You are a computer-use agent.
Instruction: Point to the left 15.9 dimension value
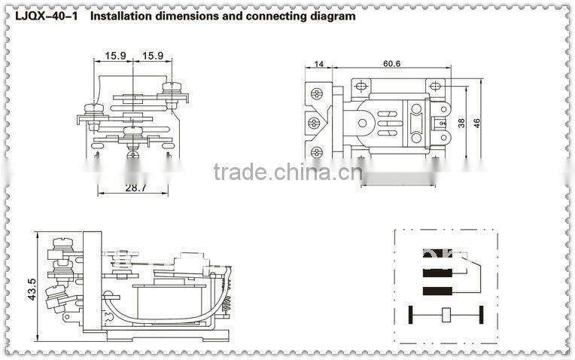click(x=116, y=56)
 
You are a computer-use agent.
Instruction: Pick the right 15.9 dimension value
click(x=153, y=56)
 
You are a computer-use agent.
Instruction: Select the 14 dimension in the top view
click(x=319, y=66)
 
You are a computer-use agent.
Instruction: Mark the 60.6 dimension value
click(x=391, y=66)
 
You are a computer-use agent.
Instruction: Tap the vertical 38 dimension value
click(x=461, y=122)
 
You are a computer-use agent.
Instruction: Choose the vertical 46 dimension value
click(x=476, y=122)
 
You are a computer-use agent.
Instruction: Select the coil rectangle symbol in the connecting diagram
click(x=446, y=314)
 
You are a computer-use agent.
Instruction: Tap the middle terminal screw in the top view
click(x=315, y=122)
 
